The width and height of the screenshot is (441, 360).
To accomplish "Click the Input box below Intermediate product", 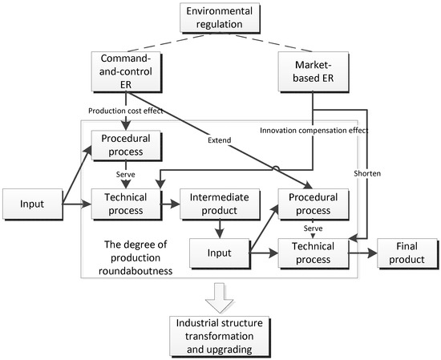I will coord(219,253).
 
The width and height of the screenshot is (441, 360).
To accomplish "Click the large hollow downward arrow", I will coord(220,296).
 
